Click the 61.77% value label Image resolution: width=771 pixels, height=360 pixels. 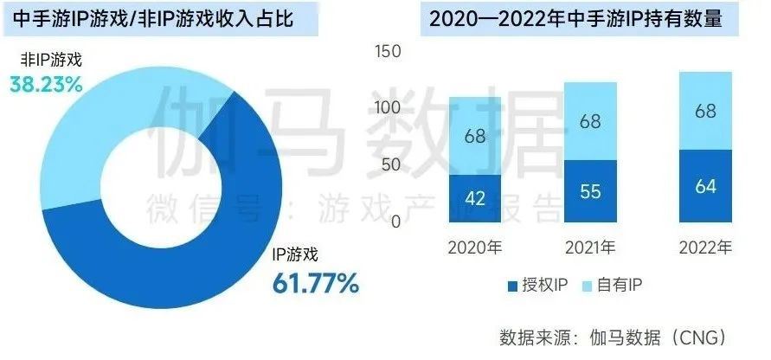coord(315,282)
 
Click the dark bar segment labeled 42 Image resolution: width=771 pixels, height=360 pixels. coord(475,198)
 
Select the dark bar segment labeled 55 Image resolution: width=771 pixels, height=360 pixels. coord(590,191)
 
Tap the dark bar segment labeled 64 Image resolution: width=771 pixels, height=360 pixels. coord(705,186)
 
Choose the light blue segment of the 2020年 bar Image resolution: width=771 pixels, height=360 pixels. coord(475,136)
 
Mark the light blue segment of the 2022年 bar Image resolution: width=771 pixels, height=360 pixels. coord(705,111)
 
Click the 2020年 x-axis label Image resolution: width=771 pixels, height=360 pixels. coord(475,248)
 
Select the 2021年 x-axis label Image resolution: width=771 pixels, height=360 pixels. coord(590,248)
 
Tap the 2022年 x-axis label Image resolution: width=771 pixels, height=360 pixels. coord(705,248)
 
